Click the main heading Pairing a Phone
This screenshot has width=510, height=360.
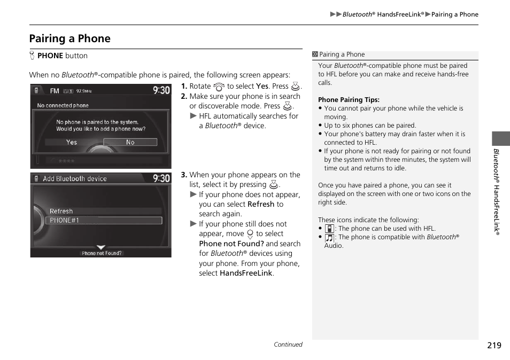[70, 38]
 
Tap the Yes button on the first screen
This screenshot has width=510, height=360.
[72, 142]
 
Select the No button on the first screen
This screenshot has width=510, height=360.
[130, 142]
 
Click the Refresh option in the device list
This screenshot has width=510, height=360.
[61, 211]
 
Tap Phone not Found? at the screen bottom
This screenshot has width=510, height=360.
[101, 253]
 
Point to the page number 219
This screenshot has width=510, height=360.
[494, 345]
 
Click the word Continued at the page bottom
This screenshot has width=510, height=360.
[288, 345]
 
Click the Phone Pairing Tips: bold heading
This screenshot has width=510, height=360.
[349, 100]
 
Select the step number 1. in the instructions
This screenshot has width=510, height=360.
[184, 86]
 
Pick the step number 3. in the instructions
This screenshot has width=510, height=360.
[184, 175]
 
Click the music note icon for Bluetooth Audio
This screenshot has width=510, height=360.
[329, 238]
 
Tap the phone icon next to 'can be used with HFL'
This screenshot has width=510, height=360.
[329, 229]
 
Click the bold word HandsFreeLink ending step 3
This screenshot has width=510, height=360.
[246, 273]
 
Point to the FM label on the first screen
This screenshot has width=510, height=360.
[55, 91]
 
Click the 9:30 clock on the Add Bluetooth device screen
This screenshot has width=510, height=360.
[161, 178]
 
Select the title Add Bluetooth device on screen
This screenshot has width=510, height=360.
[75, 179]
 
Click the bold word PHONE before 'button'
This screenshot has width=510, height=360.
[50, 56]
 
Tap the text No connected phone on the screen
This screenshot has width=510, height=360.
[63, 106]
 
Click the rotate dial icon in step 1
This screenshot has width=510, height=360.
[219, 87]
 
